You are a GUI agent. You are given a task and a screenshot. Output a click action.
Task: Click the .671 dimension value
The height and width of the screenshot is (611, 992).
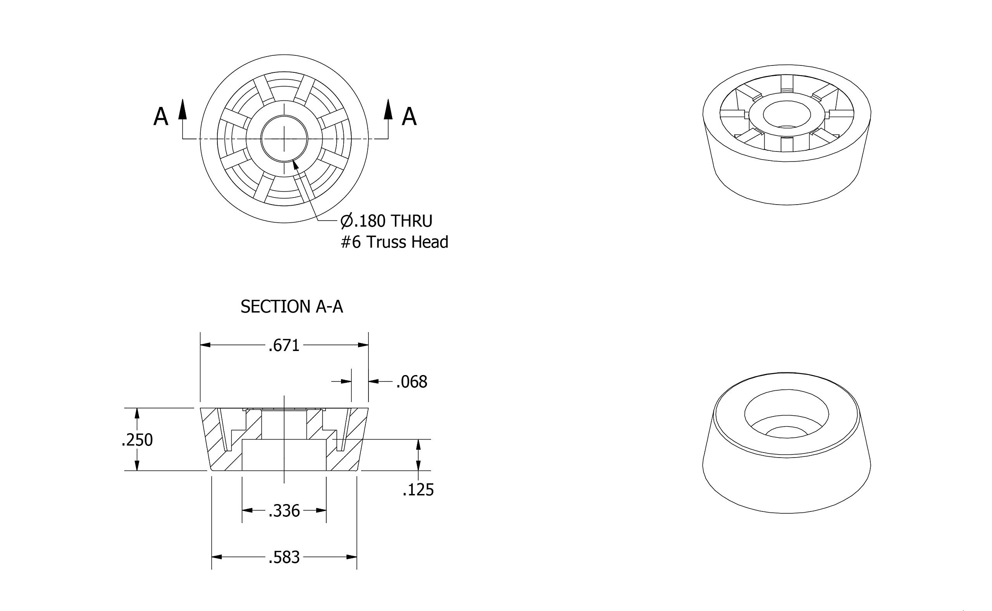point(284,346)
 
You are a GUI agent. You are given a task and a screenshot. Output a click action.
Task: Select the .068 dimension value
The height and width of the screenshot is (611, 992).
point(412,382)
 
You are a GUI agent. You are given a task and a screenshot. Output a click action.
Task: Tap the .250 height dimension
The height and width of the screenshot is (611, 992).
point(138,440)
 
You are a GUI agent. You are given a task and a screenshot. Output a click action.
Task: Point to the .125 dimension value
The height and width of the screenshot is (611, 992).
point(418,490)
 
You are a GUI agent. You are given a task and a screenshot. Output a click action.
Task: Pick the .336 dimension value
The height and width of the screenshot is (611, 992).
point(284,511)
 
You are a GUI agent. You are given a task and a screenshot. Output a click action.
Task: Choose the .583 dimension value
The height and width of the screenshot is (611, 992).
point(284,558)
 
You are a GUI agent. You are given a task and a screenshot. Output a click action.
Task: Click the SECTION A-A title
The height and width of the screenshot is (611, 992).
point(292,307)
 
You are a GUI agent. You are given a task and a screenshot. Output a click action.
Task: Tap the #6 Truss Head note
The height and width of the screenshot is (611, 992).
point(395,242)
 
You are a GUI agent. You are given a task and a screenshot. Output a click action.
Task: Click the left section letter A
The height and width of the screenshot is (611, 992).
point(161,117)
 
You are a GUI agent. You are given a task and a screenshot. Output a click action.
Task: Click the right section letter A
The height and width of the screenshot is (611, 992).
point(409,117)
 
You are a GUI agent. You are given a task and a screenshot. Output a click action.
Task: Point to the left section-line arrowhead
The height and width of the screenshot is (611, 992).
point(183,109)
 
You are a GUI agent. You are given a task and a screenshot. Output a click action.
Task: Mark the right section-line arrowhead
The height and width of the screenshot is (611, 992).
point(388,109)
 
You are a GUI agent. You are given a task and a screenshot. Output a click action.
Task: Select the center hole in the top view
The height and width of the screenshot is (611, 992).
point(284,139)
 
